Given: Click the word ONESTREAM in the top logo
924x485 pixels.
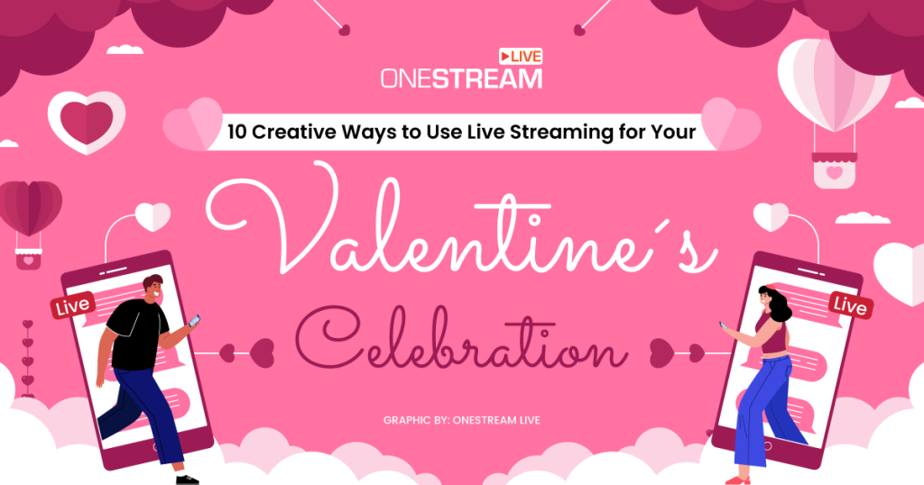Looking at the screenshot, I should tap(460, 78).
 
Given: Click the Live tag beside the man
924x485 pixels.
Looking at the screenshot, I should tap(72, 307).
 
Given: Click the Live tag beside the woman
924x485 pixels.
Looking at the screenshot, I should tap(849, 306).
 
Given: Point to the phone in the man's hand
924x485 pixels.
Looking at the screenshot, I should tap(194, 320).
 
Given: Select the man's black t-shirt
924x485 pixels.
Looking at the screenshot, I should tap(135, 335).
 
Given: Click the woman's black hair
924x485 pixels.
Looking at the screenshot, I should tap(774, 302).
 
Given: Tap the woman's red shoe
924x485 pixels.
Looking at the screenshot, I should tap(737, 480).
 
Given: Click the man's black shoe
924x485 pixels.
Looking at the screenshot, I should tap(187, 479).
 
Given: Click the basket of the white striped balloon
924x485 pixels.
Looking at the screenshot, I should tap(834, 170).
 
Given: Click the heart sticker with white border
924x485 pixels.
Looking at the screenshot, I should tap(86, 120).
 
